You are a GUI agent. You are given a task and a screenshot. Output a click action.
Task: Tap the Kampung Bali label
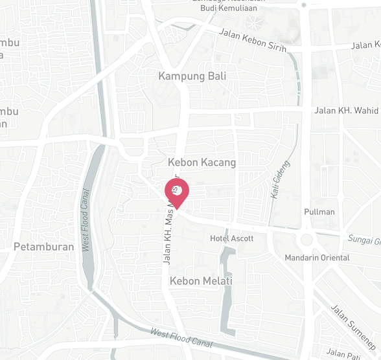pos(192,76)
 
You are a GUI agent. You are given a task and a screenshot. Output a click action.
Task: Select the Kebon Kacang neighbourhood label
pos(202,162)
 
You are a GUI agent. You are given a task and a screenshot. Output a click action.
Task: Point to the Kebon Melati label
pos(201,281)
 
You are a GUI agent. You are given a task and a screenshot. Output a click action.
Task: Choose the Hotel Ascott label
pos(232,238)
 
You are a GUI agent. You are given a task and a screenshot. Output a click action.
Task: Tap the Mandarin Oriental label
pos(317,258)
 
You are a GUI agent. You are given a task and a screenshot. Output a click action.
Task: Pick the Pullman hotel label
pos(319,212)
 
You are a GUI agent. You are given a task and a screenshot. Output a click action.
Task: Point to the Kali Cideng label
pos(280,179)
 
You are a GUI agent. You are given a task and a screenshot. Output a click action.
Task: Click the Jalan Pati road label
pos(343,353)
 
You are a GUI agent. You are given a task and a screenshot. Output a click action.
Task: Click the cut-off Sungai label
pos(364,241)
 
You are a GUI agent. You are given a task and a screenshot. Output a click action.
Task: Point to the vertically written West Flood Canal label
pos(85,219)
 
